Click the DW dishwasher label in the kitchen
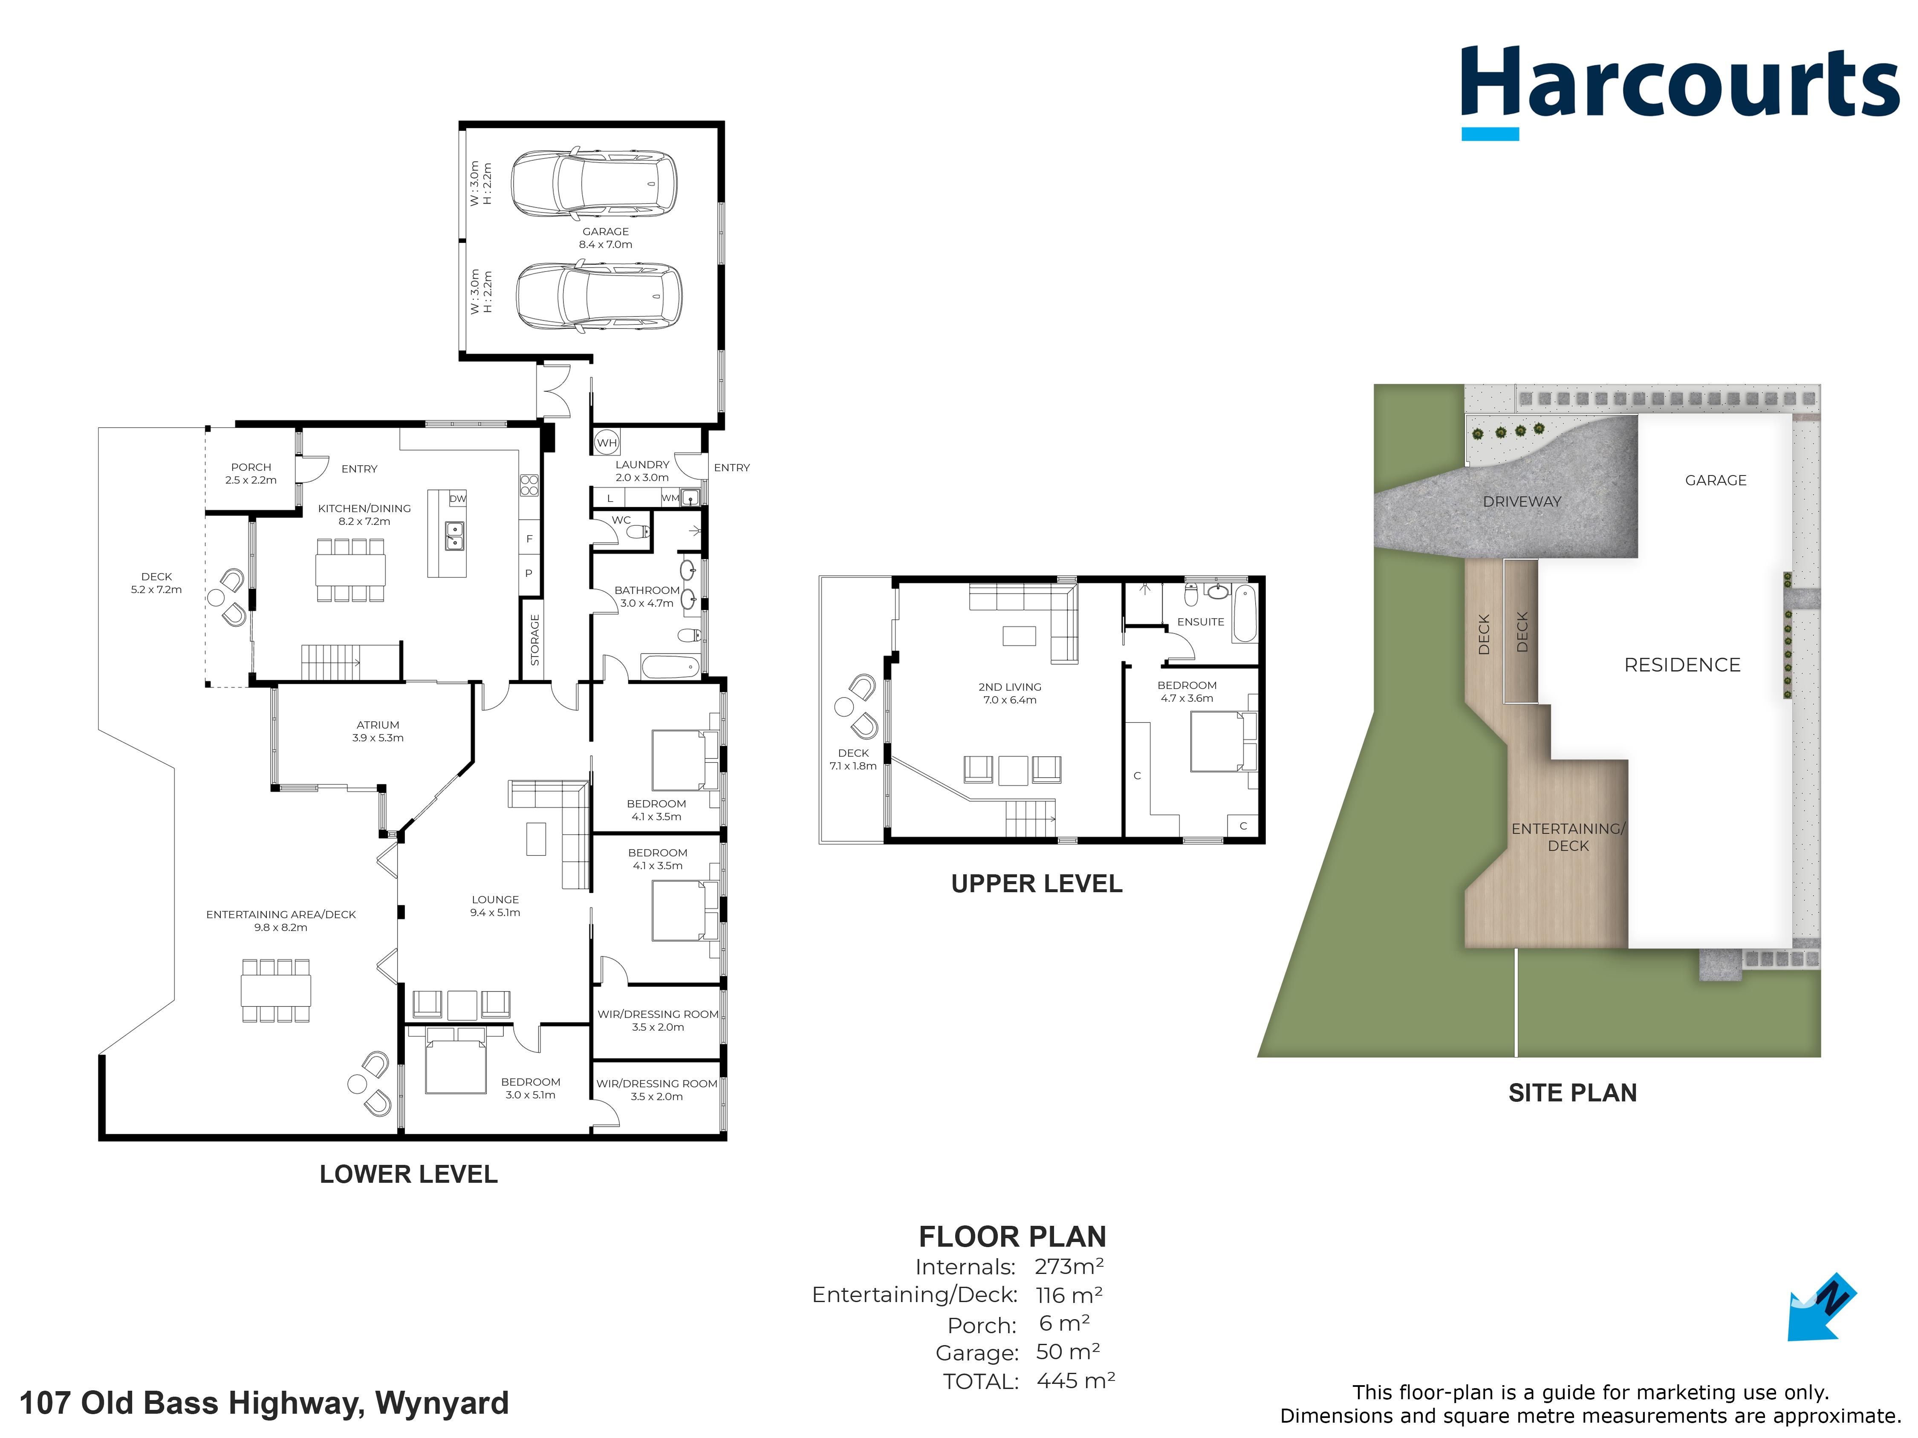tap(458, 499)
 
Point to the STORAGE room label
tap(535, 640)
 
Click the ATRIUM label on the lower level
tap(378, 725)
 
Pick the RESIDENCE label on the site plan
tap(1682, 665)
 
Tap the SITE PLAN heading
tap(1573, 1093)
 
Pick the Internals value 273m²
tap(1069, 1266)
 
